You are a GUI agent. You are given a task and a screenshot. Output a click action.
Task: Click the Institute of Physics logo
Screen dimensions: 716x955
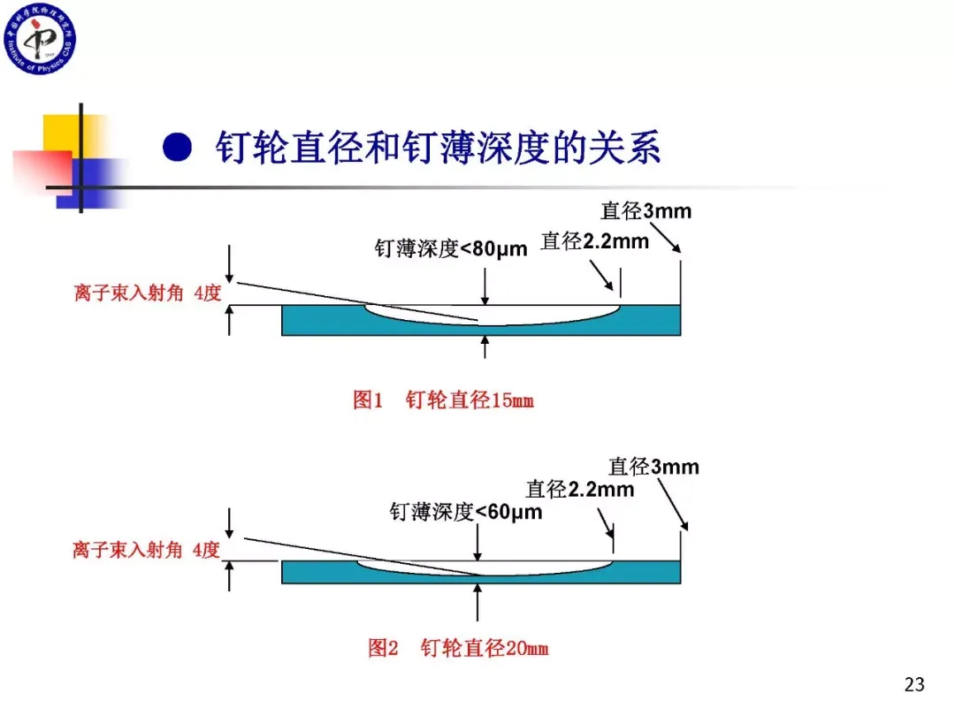coord(39,39)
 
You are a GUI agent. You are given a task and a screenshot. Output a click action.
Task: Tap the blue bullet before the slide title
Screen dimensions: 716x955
coord(177,147)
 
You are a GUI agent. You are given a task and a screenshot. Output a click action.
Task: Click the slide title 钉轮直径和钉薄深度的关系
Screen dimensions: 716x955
coord(438,147)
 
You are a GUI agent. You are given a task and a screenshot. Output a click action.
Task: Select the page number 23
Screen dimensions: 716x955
coord(914,683)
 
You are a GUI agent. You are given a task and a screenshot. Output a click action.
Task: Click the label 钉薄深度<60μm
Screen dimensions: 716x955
coord(466,511)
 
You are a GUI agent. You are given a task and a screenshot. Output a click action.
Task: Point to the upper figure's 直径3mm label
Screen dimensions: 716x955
coord(646,211)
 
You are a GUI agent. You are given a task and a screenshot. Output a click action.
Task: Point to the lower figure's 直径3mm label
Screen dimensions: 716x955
coord(653,466)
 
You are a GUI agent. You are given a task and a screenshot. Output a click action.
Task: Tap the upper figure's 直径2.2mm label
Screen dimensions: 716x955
coord(594,240)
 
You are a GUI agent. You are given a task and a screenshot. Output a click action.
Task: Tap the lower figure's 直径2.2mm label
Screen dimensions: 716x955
coord(579,489)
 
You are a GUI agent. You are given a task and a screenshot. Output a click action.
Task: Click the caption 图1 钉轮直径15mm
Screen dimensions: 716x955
coord(443,400)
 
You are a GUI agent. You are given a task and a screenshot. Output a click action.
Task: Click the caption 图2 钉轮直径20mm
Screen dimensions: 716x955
coord(458,648)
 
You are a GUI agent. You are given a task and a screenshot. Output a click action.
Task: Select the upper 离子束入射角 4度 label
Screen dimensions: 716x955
coord(147,293)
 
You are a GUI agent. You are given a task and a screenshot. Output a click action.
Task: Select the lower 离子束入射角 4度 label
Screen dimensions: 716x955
coord(146,550)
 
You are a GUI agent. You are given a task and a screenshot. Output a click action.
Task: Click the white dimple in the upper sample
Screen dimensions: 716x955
coord(495,315)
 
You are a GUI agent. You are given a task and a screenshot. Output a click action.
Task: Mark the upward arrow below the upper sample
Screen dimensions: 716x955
coord(485,347)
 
